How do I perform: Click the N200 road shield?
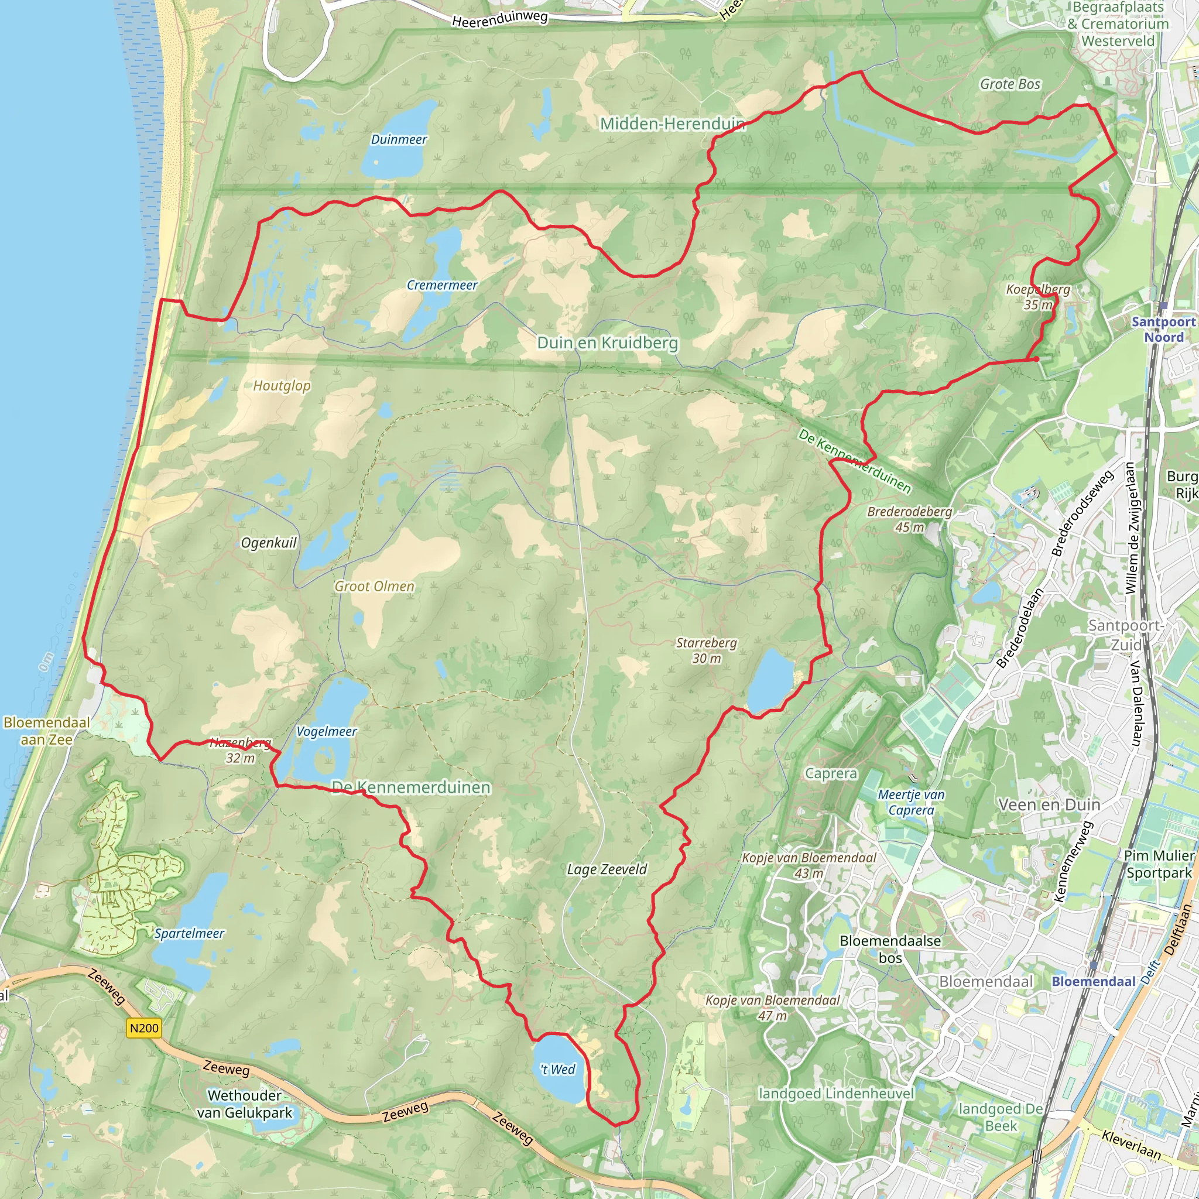(144, 1028)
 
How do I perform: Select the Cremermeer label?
(442, 286)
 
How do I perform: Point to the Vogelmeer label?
(327, 732)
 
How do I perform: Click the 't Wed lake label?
(558, 1069)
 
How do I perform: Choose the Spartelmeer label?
(189, 933)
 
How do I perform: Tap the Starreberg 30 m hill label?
(706, 650)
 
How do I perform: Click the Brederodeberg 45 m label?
(909, 519)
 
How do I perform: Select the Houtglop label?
(282, 386)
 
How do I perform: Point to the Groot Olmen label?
(374, 587)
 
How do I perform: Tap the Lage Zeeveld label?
(607, 869)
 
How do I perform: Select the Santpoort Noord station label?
(1164, 330)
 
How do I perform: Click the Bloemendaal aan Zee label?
(47, 731)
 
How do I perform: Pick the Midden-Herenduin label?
(672, 124)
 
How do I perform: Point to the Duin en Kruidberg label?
(608, 343)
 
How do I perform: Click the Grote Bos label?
(1010, 84)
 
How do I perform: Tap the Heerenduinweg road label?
(499, 19)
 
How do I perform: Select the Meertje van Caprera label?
(911, 803)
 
